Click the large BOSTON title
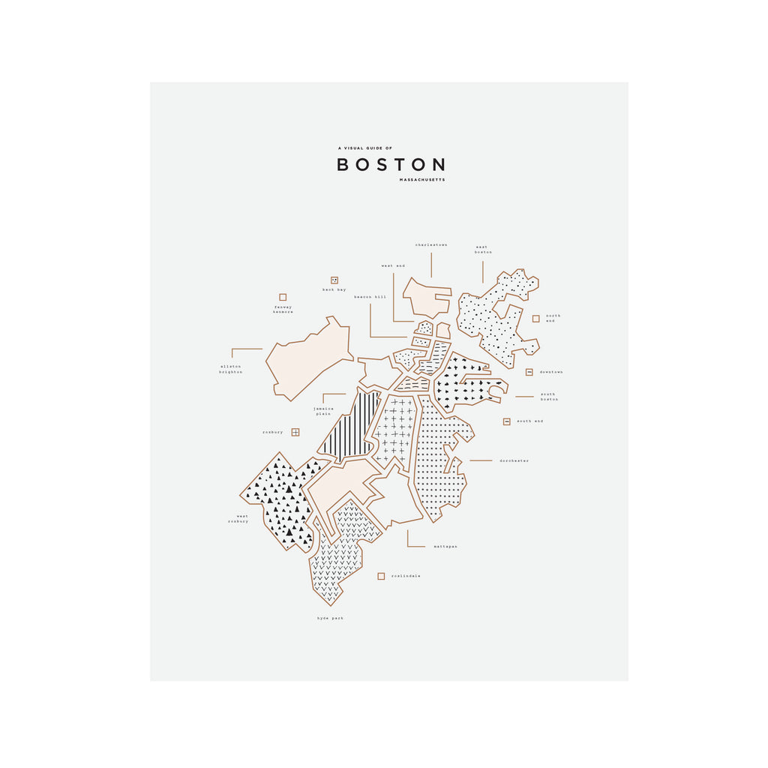391,164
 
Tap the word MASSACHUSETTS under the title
423,180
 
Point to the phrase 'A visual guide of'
364,148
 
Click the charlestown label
431,244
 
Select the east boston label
483,249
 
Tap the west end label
392,265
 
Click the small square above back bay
334,280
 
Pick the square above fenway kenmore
283,297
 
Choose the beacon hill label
370,297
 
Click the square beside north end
535,318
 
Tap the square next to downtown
529,372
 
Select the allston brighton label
230,369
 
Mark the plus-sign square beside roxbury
295,432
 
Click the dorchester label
514,460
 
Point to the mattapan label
445,547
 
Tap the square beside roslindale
381,576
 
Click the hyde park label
330,618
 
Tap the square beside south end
506,421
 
